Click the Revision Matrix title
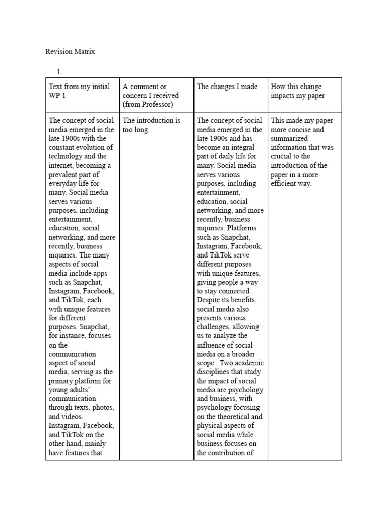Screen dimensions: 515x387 coord(70,51)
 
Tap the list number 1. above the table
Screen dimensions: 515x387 coord(60,72)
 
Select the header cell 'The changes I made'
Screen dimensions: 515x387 coord(227,87)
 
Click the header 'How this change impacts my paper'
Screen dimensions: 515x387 coord(297,91)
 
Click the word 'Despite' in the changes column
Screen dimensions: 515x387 coord(209,300)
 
